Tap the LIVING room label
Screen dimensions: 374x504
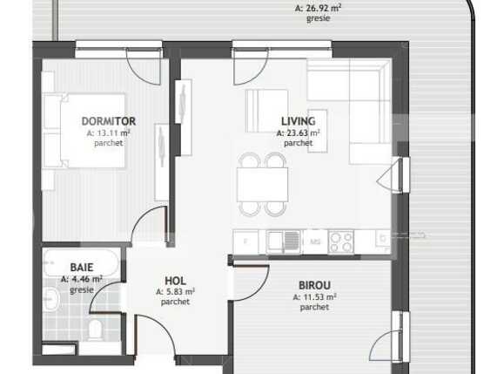point(298,121)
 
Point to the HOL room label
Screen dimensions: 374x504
point(175,280)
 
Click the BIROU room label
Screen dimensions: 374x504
point(315,286)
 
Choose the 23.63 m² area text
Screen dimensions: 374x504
point(298,133)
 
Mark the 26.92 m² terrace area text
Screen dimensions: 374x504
point(318,7)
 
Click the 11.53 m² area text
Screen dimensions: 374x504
point(315,297)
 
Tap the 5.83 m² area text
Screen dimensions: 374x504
point(175,291)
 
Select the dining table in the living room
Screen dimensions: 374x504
point(263,184)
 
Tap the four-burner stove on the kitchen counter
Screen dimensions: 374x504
point(340,240)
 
